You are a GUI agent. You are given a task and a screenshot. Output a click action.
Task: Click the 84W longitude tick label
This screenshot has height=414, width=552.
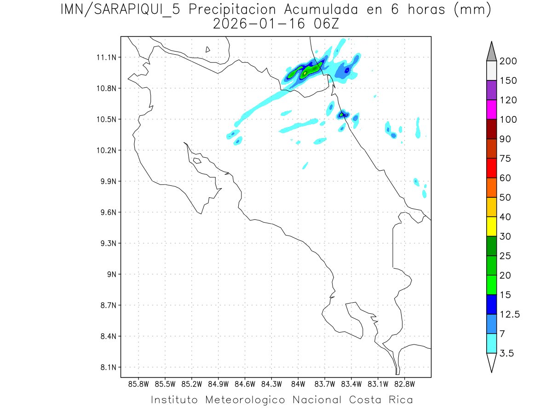point(298,384)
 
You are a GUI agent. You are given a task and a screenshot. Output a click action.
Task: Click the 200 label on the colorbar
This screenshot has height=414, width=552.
point(508,61)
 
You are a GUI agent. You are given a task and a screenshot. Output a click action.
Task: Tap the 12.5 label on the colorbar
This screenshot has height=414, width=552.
point(510,314)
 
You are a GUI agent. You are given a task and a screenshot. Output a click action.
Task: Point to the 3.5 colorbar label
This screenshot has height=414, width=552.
point(507,353)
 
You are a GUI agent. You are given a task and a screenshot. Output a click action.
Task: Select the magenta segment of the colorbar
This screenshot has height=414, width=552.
point(491,109)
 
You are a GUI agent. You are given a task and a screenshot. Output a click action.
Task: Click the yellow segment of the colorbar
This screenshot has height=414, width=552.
point(491,226)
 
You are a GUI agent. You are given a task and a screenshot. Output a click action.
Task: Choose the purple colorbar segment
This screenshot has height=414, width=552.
point(491,90)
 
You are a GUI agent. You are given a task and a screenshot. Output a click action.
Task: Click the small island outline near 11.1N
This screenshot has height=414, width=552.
point(208,49)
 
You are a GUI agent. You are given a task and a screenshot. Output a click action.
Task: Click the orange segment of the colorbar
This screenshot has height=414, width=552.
point(491,187)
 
